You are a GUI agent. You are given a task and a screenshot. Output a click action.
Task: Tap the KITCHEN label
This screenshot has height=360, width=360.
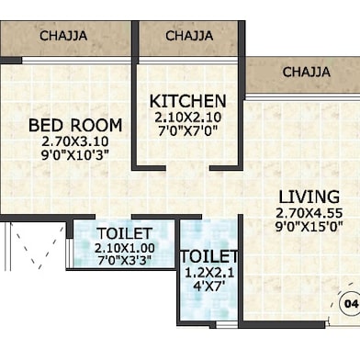pyautogui.click(x=188, y=100)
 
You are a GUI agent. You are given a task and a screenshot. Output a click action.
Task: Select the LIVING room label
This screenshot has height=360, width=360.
pyautogui.click(x=308, y=197)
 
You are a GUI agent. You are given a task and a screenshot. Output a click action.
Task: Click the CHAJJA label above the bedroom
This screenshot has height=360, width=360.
pyautogui.click(x=64, y=36)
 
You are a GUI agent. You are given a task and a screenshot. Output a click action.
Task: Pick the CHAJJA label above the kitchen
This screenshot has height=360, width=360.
pyautogui.click(x=189, y=36)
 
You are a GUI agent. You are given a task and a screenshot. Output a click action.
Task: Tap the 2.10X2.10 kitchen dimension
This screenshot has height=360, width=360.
pyautogui.click(x=188, y=117)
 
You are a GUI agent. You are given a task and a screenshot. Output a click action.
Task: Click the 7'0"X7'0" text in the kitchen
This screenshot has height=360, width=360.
pyautogui.click(x=188, y=130)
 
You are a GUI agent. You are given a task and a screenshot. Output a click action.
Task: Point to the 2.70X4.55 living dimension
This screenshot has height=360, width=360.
pyautogui.click(x=308, y=213)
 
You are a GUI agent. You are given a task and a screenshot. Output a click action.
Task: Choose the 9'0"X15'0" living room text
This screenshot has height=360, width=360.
pyautogui.click(x=308, y=227)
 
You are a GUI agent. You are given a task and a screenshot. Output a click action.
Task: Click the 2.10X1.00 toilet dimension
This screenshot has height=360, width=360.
pyautogui.click(x=124, y=248)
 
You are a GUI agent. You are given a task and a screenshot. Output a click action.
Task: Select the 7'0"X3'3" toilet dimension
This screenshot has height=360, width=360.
pyautogui.click(x=124, y=261)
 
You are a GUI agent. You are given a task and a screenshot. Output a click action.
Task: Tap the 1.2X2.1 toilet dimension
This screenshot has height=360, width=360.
pyautogui.click(x=208, y=273)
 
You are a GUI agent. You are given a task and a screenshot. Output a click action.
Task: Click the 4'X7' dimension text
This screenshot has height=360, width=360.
pyautogui.click(x=208, y=287)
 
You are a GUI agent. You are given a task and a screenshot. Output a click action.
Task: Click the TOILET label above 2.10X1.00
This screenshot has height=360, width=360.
pyautogui.click(x=124, y=233)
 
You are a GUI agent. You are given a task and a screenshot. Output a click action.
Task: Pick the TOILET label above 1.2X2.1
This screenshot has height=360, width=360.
pyautogui.click(x=208, y=256)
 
